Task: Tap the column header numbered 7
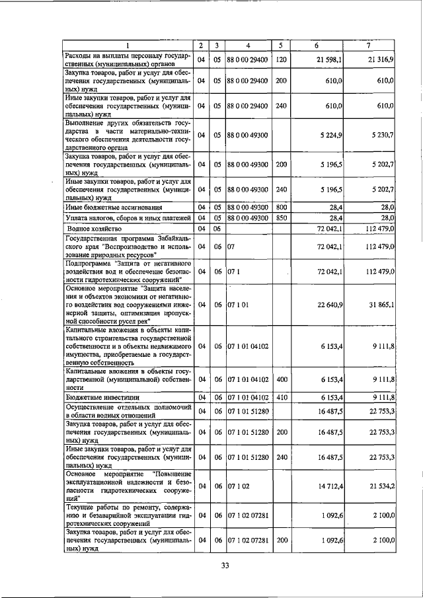[x=369, y=46]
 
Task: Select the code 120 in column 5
[x=281, y=59]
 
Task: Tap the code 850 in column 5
[x=281, y=217]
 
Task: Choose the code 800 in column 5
[x=281, y=207]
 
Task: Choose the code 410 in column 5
[x=281, y=397]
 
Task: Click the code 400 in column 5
[x=281, y=381]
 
